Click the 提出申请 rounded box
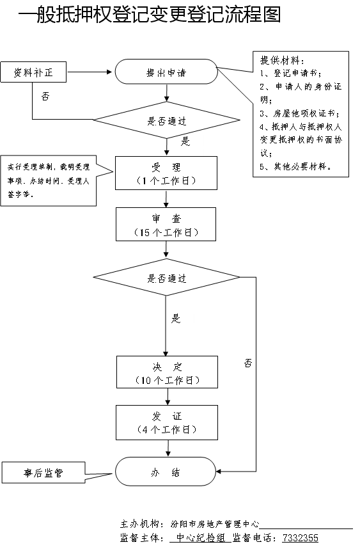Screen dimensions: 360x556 coord(166,72)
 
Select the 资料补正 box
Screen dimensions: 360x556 coord(33,72)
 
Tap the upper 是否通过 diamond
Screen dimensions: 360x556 coord(166,120)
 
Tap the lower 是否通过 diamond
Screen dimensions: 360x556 coord(166,277)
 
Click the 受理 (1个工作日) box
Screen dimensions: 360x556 coord(166,173)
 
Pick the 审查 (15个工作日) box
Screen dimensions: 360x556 coord(166,225)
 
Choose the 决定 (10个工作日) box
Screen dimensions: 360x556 coord(168,372)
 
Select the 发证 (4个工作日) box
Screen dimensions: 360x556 coord(167,423)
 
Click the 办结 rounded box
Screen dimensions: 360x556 coord(166,472)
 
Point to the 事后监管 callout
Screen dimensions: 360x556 coord(43,473)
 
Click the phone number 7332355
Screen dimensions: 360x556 coord(300,538)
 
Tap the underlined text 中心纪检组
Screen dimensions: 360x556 coord(201,538)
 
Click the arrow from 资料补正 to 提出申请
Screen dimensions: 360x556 coord(90,72)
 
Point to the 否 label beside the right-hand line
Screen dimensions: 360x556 coord(248,363)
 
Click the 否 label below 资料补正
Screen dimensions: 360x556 coord(45,96)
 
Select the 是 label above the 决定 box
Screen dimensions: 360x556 coord(176,318)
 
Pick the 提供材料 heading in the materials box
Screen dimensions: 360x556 coord(282,60)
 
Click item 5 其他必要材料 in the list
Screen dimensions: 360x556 coord(296,166)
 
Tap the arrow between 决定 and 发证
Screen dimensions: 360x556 coord(168,397)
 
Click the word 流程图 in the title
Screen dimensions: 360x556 coord(253,15)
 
